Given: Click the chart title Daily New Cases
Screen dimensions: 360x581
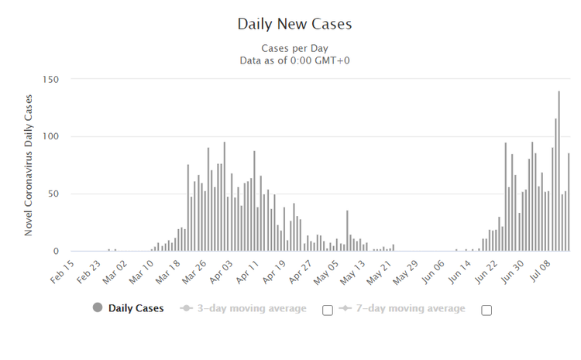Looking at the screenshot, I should point(294,24).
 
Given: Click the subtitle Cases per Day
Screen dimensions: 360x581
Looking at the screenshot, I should point(294,48).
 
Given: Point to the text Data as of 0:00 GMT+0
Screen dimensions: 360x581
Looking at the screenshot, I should point(294,60).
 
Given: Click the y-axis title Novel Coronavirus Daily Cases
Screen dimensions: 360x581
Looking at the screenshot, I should point(29,164).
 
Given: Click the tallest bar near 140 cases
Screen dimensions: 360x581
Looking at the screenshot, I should point(559,171).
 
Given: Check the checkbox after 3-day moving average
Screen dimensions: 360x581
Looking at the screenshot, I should point(328,310).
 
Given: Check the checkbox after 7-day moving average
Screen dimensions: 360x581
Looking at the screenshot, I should point(486,310).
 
